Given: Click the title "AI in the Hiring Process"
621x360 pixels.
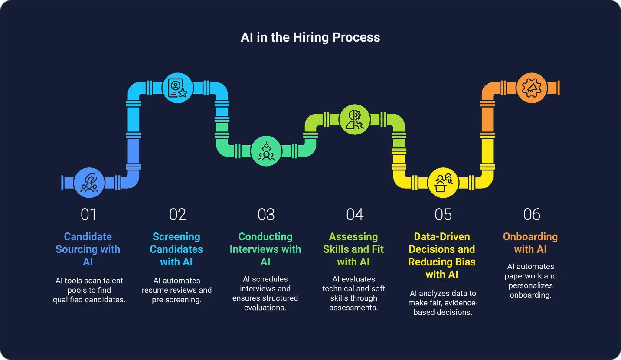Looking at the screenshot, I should pos(310,37).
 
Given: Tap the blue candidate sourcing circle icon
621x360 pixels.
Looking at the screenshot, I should pos(89,183).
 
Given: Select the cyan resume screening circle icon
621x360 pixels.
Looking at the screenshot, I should pos(177,88).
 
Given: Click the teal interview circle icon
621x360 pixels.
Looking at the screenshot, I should pos(266,151).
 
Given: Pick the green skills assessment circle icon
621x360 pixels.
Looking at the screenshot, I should pos(354,119).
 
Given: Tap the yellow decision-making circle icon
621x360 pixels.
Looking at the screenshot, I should pos(443,183).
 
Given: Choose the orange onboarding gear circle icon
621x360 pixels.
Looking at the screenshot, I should pos(531,88).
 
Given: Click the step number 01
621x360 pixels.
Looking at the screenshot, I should pos(88,214).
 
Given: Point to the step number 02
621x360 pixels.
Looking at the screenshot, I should pos(177,214).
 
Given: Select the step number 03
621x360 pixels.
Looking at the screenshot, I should pos(266,214).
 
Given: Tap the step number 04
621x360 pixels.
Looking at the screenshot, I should pos(354,214).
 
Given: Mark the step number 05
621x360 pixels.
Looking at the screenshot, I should pos(443,214).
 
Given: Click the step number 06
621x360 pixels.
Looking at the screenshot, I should pos(532,214).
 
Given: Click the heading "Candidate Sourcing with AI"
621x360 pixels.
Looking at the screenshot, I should pos(88,249).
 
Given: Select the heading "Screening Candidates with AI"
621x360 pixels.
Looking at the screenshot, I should pos(176,249).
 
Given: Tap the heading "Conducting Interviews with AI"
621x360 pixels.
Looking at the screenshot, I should pos(265,249).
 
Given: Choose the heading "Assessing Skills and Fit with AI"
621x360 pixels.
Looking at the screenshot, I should pos(353,249).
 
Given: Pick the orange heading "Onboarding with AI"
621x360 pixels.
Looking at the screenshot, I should pos(530,243).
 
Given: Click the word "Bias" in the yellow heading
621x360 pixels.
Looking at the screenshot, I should pos(465,262).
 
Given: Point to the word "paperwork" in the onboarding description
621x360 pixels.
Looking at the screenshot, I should pos(524,276).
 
